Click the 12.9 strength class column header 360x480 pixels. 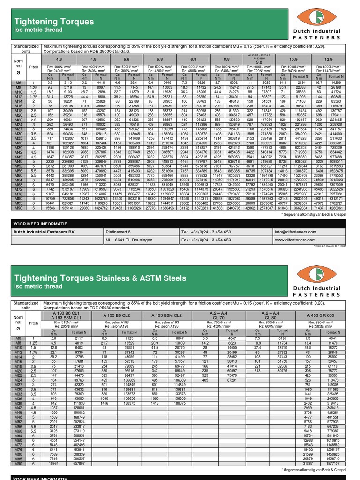pyautogui.click(x=328, y=60)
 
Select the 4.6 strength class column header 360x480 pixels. pyautogui.click(x=59, y=60)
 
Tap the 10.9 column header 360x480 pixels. pyautogui.click(x=293, y=60)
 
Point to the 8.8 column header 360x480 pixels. pyautogui.click(x=226, y=60)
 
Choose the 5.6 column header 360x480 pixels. pyautogui.click(x=126, y=60)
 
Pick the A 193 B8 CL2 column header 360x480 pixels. pyautogui.click(x=118, y=315)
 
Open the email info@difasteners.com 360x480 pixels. pyautogui.click(x=298, y=232)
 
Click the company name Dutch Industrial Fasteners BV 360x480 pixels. pyautogui.click(x=44, y=232)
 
